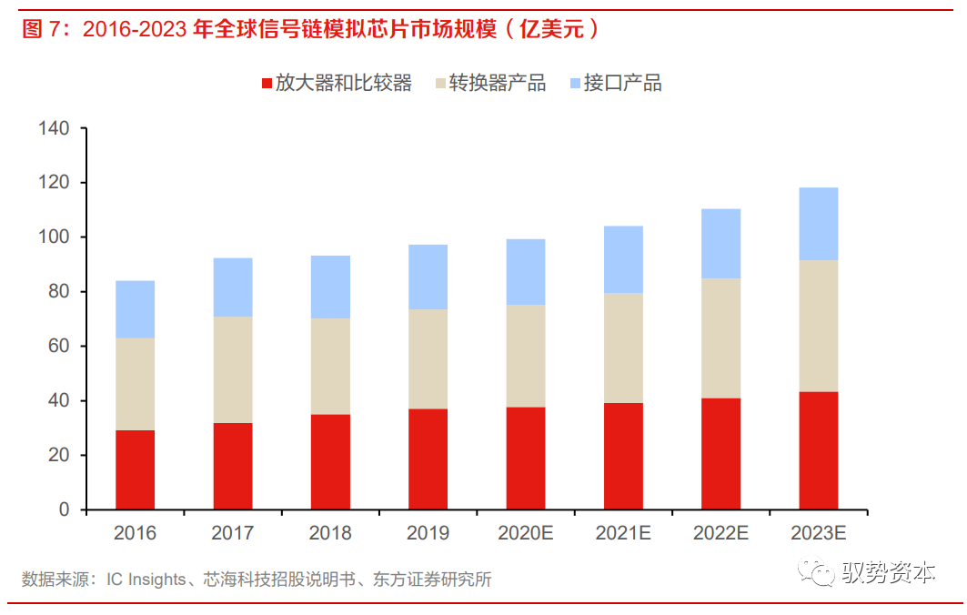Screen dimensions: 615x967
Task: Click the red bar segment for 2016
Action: [135, 469]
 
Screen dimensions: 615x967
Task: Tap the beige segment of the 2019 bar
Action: [428, 359]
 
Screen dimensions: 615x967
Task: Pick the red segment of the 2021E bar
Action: [623, 456]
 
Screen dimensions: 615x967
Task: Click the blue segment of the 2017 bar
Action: [233, 287]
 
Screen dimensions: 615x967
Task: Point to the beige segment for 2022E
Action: [720, 338]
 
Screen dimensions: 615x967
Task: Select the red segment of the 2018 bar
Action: [330, 461]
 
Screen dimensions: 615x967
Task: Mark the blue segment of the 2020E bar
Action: [526, 272]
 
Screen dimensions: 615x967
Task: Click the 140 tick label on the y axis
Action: [55, 129]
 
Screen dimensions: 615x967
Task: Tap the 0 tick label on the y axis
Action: [65, 509]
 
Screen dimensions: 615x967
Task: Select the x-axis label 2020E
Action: [526, 533]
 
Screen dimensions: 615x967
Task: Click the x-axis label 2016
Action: [135, 533]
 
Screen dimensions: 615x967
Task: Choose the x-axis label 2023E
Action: [818, 533]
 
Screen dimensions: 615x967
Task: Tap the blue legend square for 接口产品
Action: [574, 85]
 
